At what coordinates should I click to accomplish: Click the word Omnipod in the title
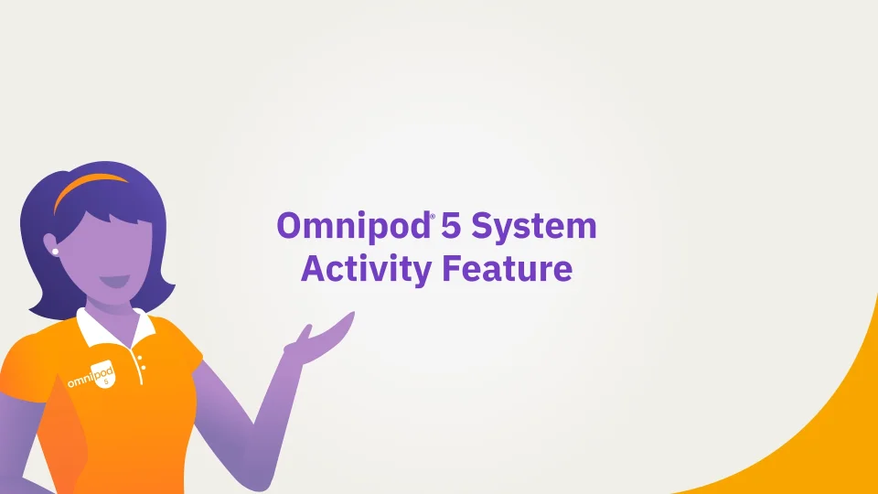[x=353, y=226]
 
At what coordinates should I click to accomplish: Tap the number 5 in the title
[x=451, y=226]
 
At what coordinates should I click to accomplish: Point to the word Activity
[x=366, y=270]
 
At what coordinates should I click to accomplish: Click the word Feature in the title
[x=508, y=268]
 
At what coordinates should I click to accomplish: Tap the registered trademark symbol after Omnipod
[x=433, y=216]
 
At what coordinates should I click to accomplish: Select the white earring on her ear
[x=55, y=252]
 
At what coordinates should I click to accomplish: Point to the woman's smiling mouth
[x=115, y=281]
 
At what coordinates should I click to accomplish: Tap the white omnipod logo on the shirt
[x=91, y=375]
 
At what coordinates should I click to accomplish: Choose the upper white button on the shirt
[x=139, y=358]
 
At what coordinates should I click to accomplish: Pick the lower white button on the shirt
[x=144, y=368]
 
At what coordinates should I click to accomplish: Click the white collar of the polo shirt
[x=115, y=328]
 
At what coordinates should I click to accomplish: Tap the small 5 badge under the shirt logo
[x=106, y=381]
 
